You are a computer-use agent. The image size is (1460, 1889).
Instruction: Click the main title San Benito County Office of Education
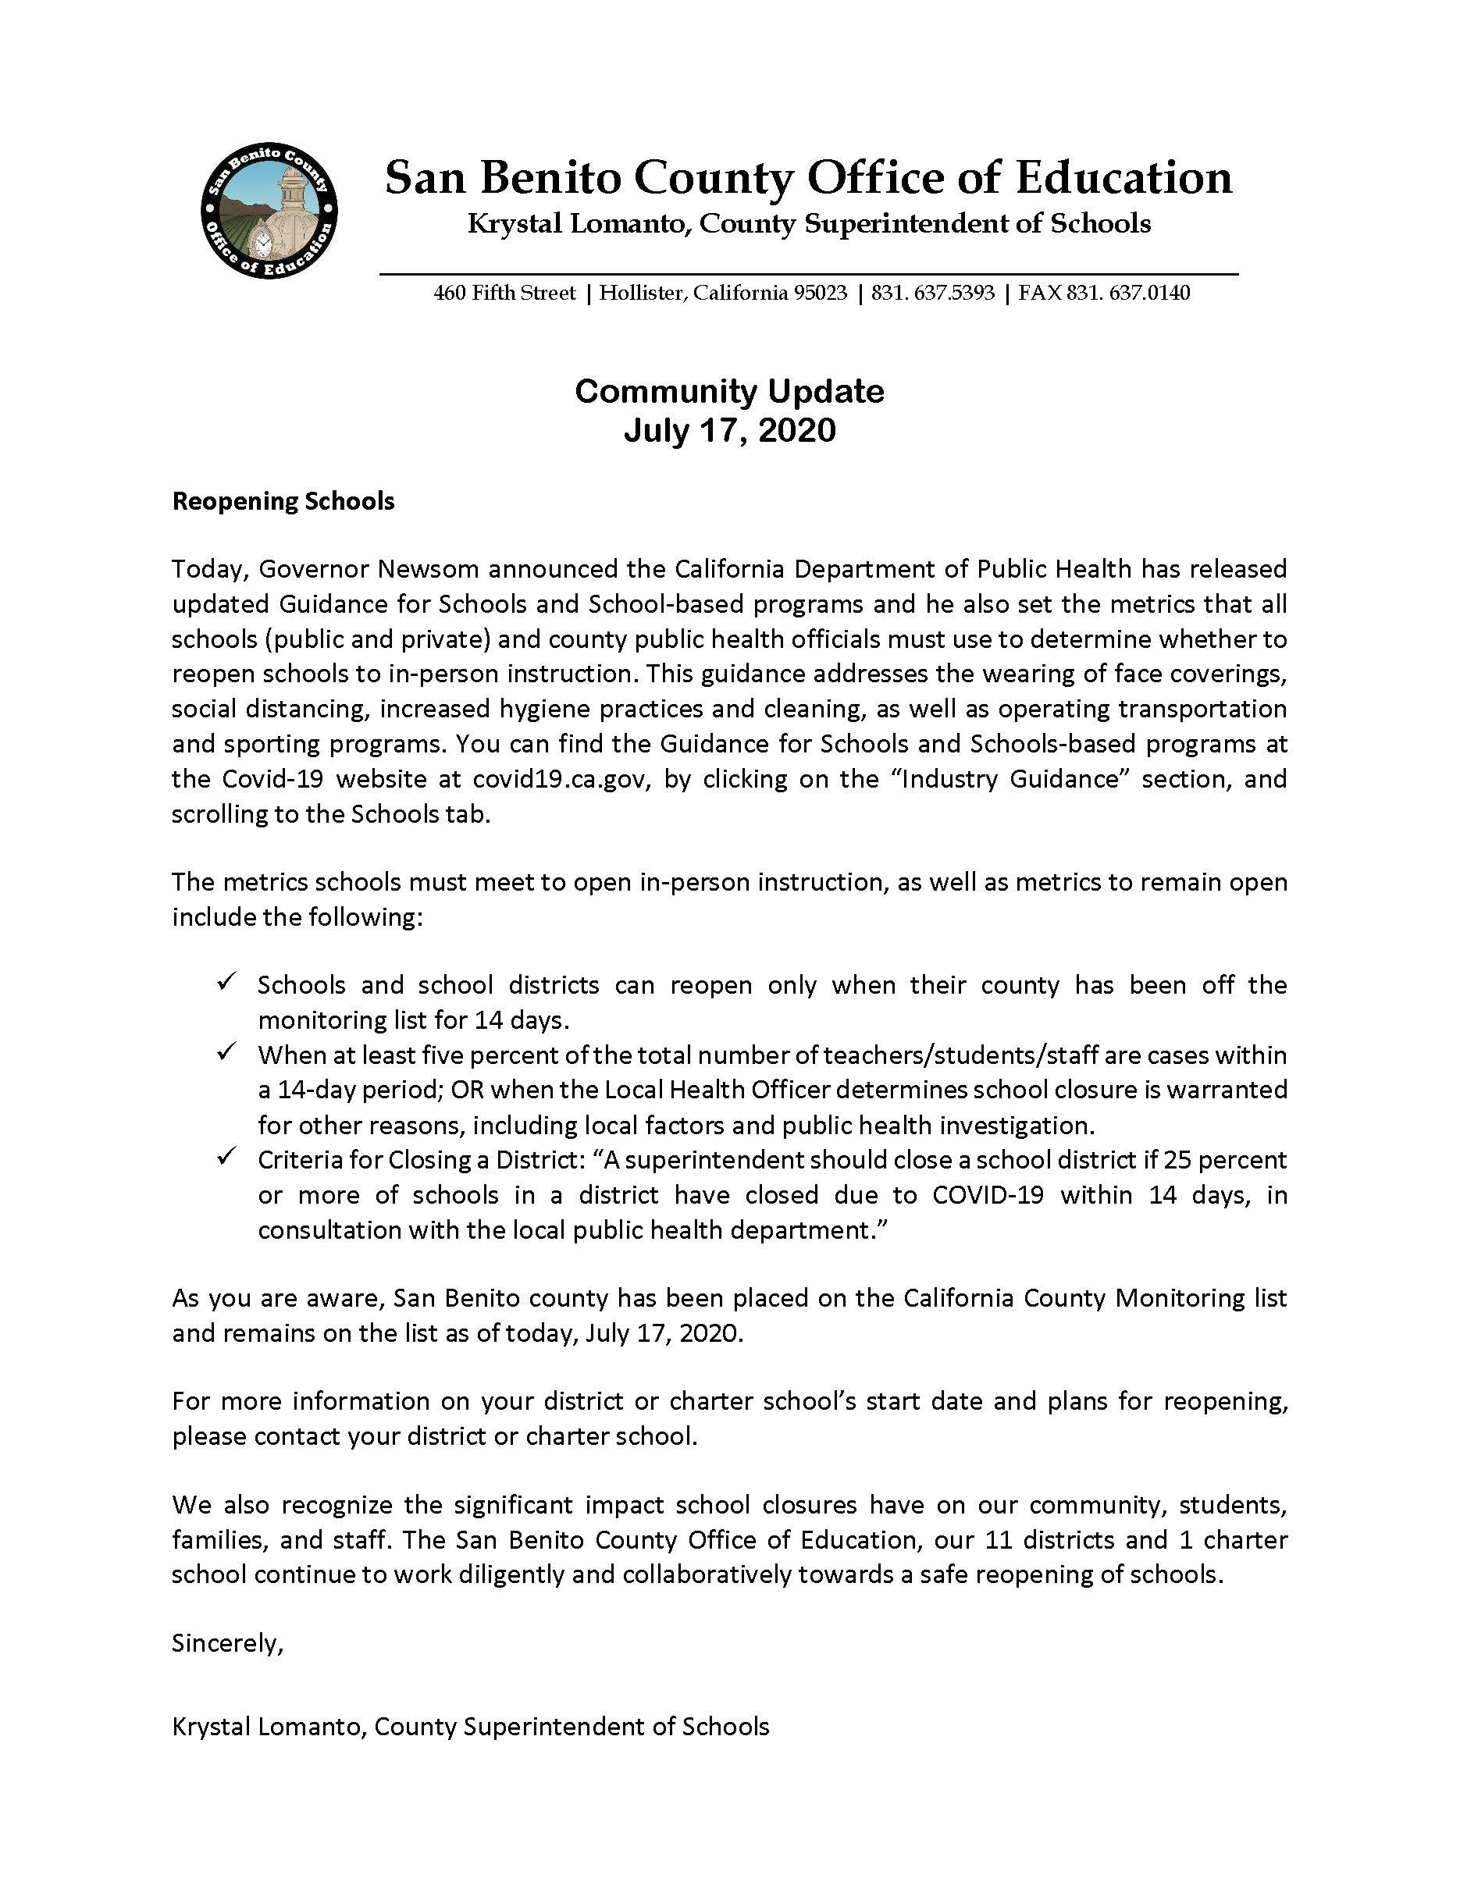[808, 178]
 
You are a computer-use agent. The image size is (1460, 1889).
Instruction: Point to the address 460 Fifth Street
[504, 293]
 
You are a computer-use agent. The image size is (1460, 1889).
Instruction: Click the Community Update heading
[729, 392]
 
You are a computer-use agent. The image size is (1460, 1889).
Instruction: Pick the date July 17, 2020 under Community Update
[729, 430]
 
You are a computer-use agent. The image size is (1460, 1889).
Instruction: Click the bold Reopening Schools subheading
[283, 502]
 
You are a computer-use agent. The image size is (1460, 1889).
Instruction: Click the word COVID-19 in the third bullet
[988, 1195]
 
